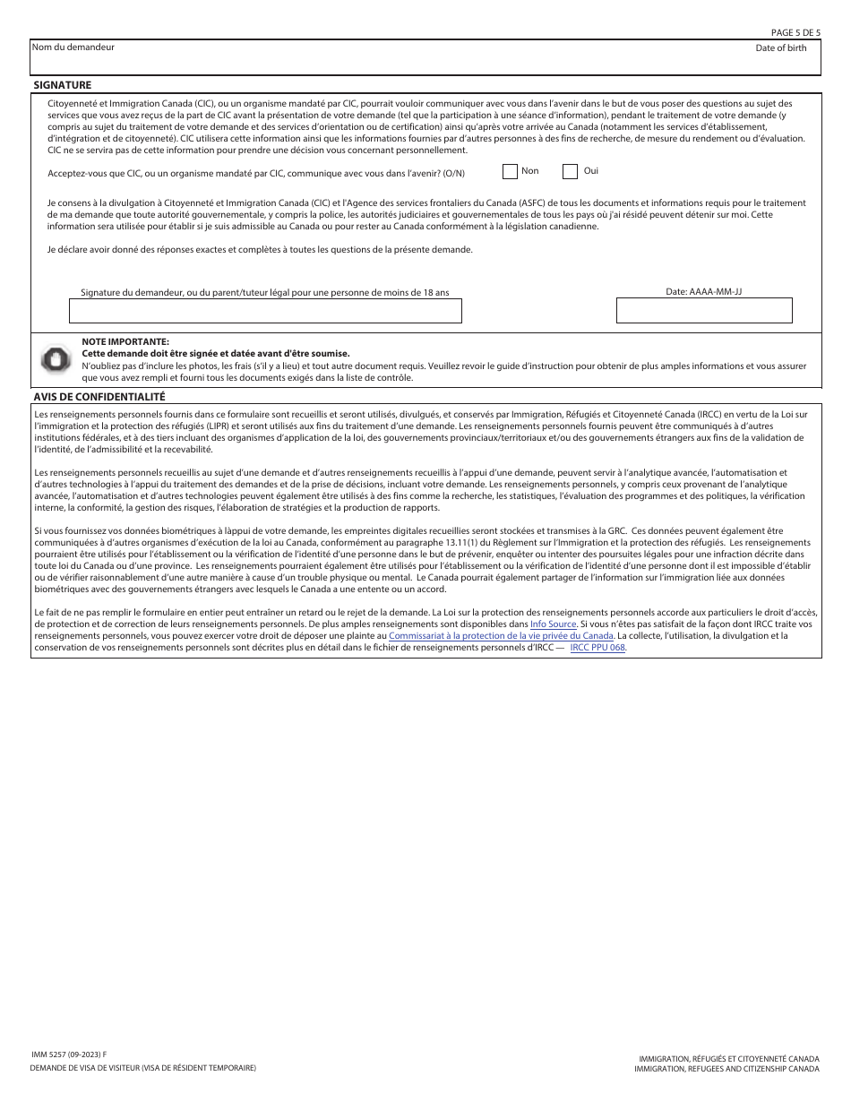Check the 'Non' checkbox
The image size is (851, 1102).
pyautogui.click(x=510, y=171)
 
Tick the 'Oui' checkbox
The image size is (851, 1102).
pyautogui.click(x=570, y=171)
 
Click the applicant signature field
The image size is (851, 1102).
pyautogui.click(x=265, y=310)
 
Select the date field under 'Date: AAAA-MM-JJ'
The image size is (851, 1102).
pyautogui.click(x=704, y=310)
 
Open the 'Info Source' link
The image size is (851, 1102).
pyautogui.click(x=553, y=623)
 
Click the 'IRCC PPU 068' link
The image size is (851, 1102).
pyautogui.click(x=597, y=647)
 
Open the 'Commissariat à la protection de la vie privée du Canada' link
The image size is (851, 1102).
pyautogui.click(x=501, y=635)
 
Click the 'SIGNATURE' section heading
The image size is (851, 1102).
pyautogui.click(x=62, y=85)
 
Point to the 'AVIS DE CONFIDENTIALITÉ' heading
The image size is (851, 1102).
pyautogui.click(x=99, y=396)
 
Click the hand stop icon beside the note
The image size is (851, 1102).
pyautogui.click(x=56, y=359)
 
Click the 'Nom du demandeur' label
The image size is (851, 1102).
pyautogui.click(x=73, y=47)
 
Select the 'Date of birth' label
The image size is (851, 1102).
pyautogui.click(x=780, y=47)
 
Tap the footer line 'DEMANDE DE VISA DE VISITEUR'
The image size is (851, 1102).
pyautogui.click(x=142, y=1068)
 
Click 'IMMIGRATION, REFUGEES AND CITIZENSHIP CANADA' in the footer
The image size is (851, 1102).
pyautogui.click(x=726, y=1069)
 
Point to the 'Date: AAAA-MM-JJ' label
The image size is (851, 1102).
pyautogui.click(x=703, y=292)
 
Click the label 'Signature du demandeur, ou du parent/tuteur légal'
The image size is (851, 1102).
pyautogui.click(x=265, y=292)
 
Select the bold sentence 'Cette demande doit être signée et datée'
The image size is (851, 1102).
pyautogui.click(x=216, y=354)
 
